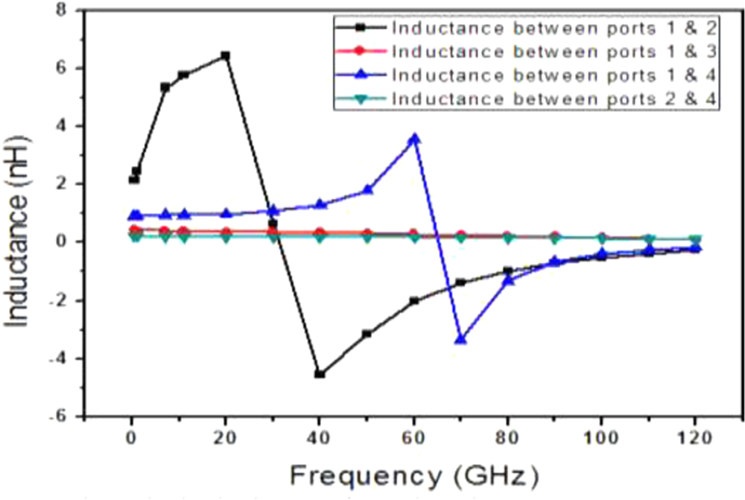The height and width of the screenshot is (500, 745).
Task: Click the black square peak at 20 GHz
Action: tap(225, 56)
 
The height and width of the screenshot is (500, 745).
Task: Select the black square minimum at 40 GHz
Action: tap(320, 374)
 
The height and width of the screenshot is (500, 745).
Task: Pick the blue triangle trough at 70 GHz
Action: tap(461, 339)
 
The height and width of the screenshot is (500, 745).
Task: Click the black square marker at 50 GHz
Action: tap(367, 334)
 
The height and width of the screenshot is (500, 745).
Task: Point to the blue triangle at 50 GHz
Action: tap(367, 190)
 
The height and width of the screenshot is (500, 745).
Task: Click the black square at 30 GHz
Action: tap(273, 224)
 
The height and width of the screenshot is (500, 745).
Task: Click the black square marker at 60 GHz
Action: tap(414, 301)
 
